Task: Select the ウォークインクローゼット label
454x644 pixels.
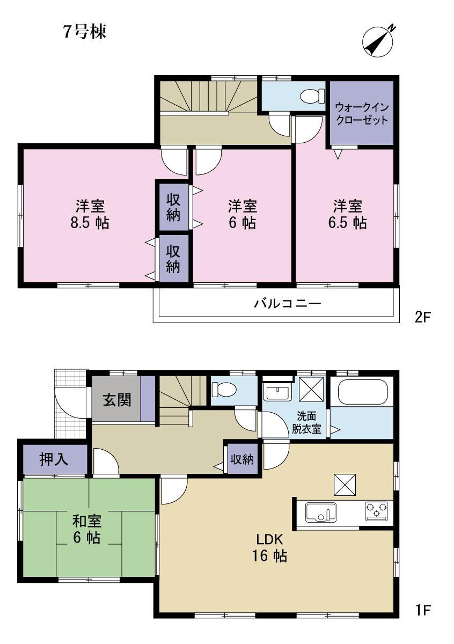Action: (361, 113)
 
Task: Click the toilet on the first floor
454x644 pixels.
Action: (222, 388)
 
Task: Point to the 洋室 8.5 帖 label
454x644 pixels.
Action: (90, 214)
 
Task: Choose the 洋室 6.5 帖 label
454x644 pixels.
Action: (347, 214)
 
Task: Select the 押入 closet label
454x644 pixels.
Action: (54, 459)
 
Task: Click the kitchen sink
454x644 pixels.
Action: (320, 512)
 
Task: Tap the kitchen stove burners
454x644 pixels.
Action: (377, 510)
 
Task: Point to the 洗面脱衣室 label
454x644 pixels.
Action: (306, 422)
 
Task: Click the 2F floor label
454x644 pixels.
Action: (422, 317)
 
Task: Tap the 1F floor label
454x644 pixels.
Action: (422, 610)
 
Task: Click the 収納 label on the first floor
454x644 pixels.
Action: (242, 459)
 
